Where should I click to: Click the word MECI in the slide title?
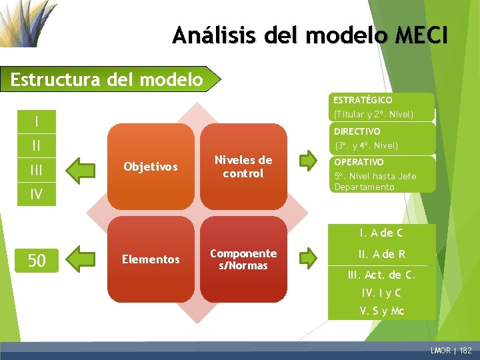coord(421,35)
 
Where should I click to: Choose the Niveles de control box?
coord(243,167)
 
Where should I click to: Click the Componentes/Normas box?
coord(243,259)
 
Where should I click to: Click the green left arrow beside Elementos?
coord(83,259)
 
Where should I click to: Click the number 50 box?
coord(37,260)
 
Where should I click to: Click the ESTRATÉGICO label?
coord(363,99)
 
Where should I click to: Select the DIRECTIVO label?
coord(357,131)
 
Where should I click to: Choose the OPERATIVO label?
coord(359,162)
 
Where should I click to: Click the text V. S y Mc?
coord(382,311)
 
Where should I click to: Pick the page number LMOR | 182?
coord(451,349)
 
